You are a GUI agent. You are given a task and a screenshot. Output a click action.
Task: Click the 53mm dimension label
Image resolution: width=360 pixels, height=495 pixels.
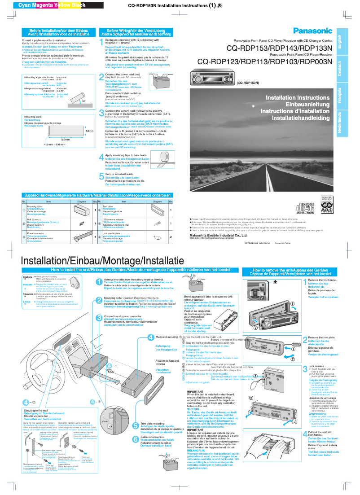[89, 131]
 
